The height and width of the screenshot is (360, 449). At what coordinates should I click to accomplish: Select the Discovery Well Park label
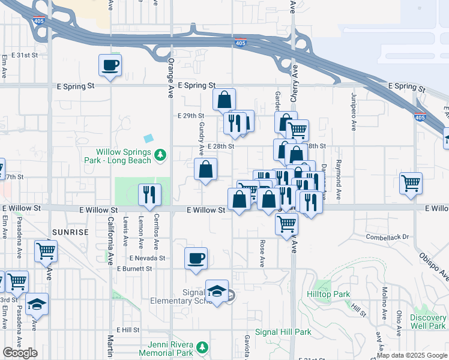429,322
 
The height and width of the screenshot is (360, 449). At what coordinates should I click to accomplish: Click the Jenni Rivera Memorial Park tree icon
203,347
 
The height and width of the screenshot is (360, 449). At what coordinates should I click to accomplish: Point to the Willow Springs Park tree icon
160,155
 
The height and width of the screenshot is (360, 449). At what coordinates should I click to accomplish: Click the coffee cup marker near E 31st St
111,65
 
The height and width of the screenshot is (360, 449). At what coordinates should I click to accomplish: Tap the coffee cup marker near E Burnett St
196,259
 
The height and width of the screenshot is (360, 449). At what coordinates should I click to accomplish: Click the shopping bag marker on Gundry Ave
206,170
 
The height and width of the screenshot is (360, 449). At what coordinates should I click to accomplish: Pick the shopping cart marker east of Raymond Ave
411,184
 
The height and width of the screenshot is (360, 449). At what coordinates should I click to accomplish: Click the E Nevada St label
147,258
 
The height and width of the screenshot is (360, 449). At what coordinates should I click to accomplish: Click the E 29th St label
191,116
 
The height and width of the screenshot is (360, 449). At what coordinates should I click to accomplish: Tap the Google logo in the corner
20,353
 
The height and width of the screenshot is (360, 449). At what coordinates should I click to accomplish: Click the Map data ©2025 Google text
411,356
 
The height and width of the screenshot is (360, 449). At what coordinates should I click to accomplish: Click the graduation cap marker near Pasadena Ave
37,305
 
